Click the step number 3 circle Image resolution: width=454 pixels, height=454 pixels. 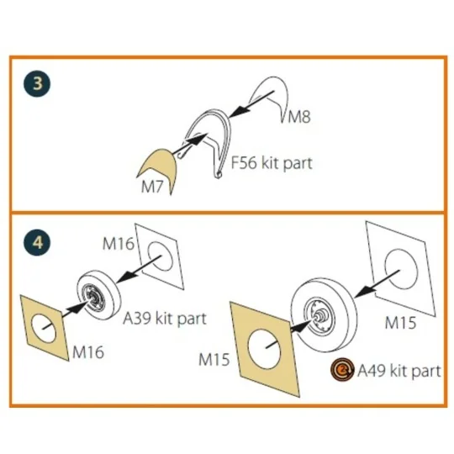(x=37, y=83)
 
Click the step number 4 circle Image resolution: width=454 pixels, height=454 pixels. (x=37, y=242)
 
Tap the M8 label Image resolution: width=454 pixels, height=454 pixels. (x=299, y=117)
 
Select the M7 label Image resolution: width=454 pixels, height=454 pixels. (x=152, y=186)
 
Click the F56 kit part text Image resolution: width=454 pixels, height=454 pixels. (x=272, y=163)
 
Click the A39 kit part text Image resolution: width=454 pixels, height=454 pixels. (x=165, y=319)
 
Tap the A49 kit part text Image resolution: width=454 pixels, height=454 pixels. (x=399, y=371)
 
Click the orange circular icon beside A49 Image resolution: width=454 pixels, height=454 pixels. (x=342, y=369)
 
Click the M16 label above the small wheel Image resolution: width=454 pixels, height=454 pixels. (x=119, y=244)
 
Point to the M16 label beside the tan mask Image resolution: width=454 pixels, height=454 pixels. (x=88, y=352)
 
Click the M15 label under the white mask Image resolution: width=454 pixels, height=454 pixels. (x=400, y=323)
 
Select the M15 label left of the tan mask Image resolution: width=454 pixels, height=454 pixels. (x=214, y=360)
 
